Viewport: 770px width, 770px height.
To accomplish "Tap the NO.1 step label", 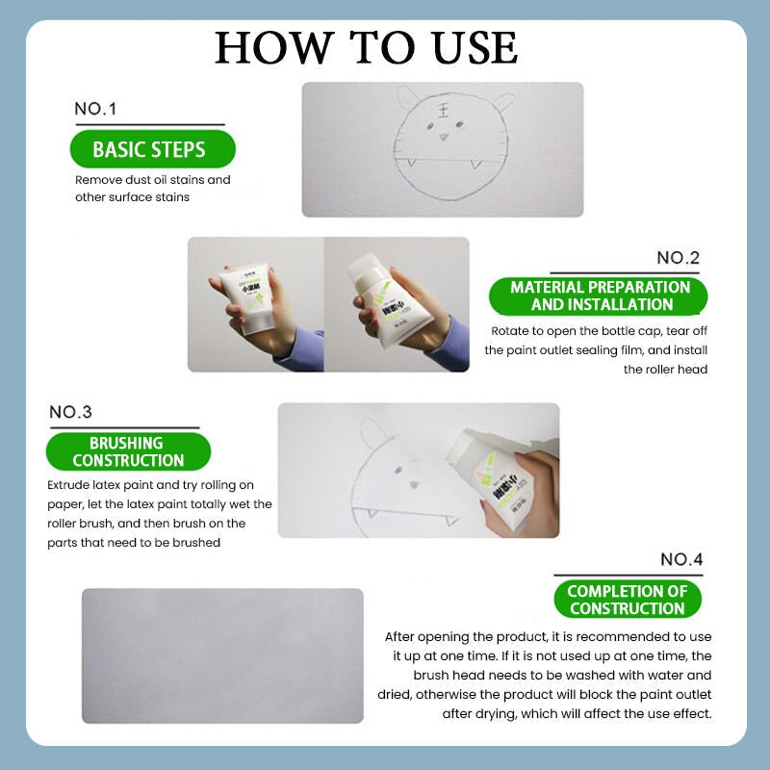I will click(95, 109).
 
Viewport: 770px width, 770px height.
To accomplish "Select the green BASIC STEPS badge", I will click(149, 150).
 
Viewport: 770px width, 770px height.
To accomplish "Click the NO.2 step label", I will click(678, 257).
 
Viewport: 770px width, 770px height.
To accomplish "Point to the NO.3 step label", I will click(70, 412).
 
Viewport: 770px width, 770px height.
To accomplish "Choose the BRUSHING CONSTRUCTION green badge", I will click(128, 451).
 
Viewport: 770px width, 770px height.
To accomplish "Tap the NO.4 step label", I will click(681, 559).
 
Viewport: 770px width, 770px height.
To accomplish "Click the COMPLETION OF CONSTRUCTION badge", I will click(628, 600).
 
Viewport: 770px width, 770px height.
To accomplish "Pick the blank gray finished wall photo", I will click(222, 654).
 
